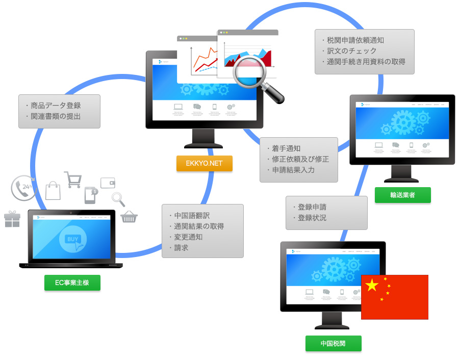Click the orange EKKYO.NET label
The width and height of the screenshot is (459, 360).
(x=204, y=164)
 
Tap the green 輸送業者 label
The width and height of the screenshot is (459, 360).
(x=402, y=195)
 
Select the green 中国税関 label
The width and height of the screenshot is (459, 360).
(x=333, y=343)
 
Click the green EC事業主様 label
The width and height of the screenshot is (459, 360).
(x=72, y=282)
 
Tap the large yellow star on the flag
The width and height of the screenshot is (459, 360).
(x=372, y=286)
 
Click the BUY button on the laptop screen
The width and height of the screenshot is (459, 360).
(x=73, y=239)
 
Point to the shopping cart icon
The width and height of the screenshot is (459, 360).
(x=73, y=179)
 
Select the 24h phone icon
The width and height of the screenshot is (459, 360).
(x=23, y=188)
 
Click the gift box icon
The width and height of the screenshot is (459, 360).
(x=12, y=219)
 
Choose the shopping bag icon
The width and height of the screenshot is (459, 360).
(x=53, y=191)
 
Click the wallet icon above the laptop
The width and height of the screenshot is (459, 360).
(x=108, y=183)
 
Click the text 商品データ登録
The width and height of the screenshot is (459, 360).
(x=56, y=106)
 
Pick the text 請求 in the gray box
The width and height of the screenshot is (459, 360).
(x=181, y=248)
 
